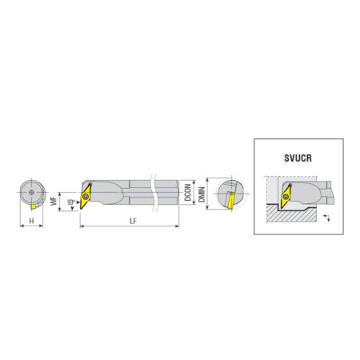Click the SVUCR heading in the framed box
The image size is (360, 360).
(x=298, y=158)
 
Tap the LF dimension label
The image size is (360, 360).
(x=133, y=221)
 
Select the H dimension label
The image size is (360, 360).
(x=32, y=221)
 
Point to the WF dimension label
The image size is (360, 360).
(x=54, y=201)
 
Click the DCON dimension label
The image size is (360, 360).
(x=188, y=192)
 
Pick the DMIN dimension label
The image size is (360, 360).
(x=202, y=194)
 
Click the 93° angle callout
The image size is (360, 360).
(x=71, y=202)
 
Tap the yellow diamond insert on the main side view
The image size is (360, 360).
(x=86, y=196)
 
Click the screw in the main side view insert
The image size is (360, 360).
(x=86, y=197)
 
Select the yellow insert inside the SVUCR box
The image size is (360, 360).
(x=286, y=197)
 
